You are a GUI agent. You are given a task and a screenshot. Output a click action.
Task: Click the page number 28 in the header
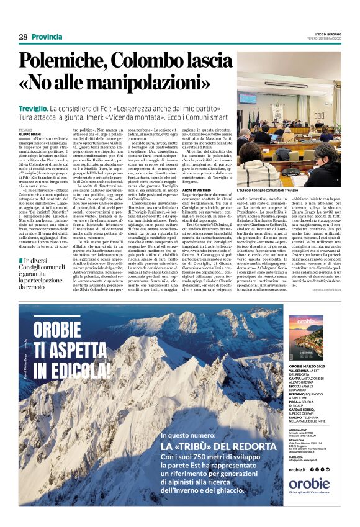tap(23, 37)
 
